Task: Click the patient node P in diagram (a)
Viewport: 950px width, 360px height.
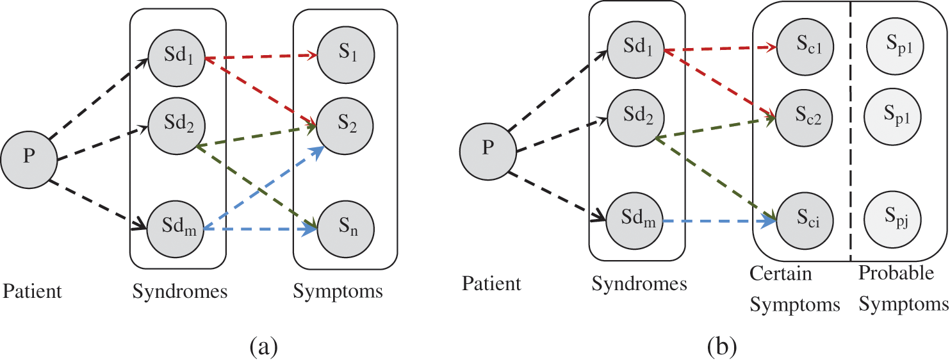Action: tap(29, 160)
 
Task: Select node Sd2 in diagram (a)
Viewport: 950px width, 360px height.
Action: tap(177, 126)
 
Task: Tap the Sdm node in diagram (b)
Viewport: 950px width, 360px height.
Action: tap(634, 220)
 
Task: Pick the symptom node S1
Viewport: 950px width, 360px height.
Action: tap(346, 54)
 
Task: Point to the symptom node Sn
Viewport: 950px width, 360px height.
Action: tap(346, 229)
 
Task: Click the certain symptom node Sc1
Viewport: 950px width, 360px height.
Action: tap(805, 47)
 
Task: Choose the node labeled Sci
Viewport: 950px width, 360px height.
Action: tap(805, 220)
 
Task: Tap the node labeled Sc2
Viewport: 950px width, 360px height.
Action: tap(804, 117)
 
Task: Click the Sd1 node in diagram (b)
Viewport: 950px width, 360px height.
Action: tap(635, 49)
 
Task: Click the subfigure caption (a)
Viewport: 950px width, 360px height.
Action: tap(264, 347)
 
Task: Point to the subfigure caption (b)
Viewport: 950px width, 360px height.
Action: tap(722, 347)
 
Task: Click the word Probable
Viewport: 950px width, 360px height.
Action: tap(896, 273)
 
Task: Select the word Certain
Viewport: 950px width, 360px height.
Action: tap(780, 274)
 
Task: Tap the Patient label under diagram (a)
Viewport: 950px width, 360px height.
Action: tap(32, 291)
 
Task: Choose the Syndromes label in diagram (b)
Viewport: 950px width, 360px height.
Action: tap(639, 284)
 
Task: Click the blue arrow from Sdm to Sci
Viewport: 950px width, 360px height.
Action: tap(719, 221)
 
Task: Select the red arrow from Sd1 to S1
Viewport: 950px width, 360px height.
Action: tap(261, 56)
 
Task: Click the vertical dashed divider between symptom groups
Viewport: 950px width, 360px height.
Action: tap(850, 131)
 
